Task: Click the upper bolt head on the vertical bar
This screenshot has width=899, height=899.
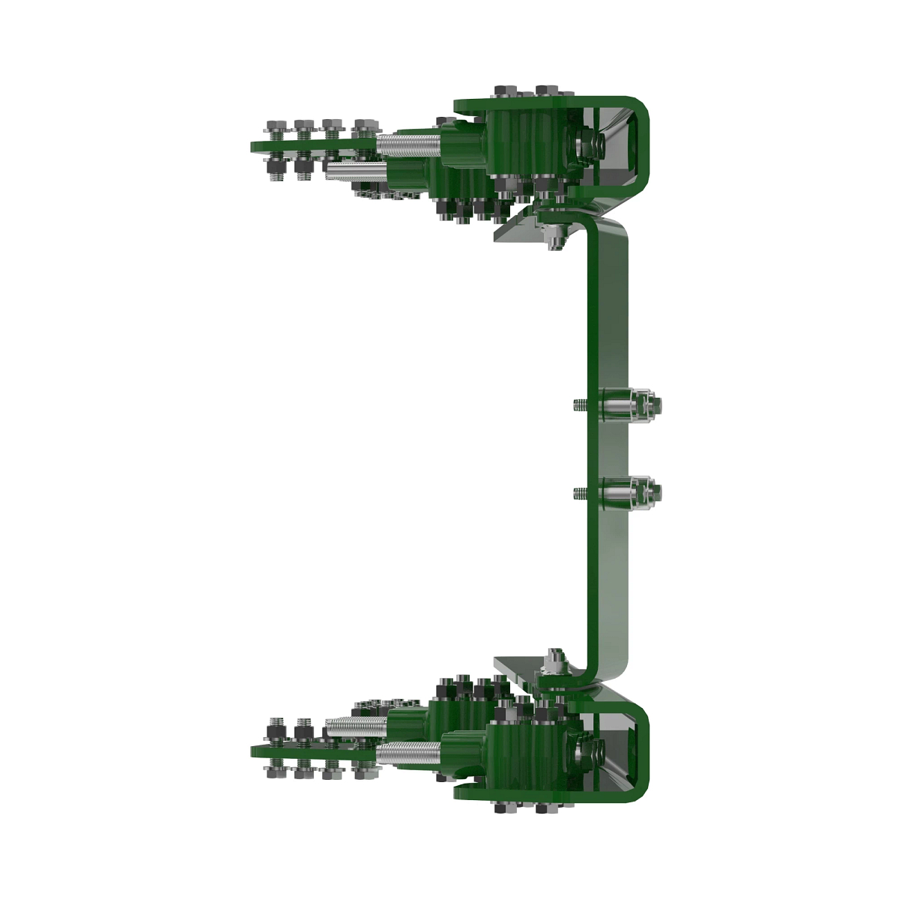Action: coord(649,406)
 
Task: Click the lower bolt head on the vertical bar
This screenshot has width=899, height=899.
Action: coord(649,493)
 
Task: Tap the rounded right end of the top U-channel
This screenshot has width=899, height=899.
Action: coord(643,142)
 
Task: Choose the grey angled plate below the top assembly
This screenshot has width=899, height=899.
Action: coord(517,228)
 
